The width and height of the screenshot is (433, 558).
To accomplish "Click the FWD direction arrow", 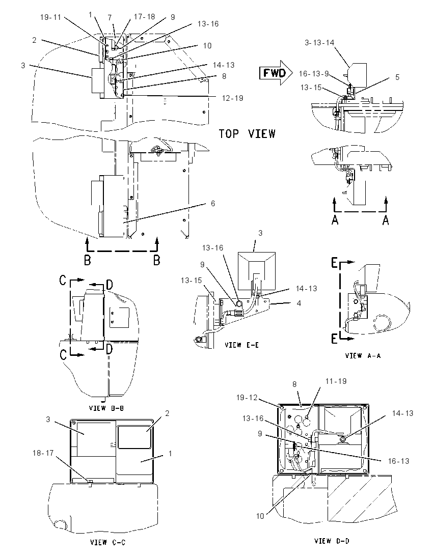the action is click(276, 73).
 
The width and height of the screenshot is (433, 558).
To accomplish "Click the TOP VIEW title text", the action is click(247, 134).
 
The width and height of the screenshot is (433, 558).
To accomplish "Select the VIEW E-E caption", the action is click(242, 345).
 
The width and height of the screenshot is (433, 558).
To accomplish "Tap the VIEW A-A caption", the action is click(363, 355).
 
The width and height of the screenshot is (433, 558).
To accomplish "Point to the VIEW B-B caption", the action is click(106, 408).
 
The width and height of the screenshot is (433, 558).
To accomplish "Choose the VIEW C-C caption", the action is click(107, 542).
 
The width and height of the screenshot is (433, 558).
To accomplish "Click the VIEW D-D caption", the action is click(332, 541).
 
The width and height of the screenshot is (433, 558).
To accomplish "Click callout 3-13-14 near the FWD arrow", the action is click(319, 43).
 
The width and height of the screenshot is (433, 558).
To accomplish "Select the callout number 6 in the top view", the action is click(213, 203).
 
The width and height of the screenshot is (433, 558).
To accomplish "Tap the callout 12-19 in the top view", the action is click(232, 98).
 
